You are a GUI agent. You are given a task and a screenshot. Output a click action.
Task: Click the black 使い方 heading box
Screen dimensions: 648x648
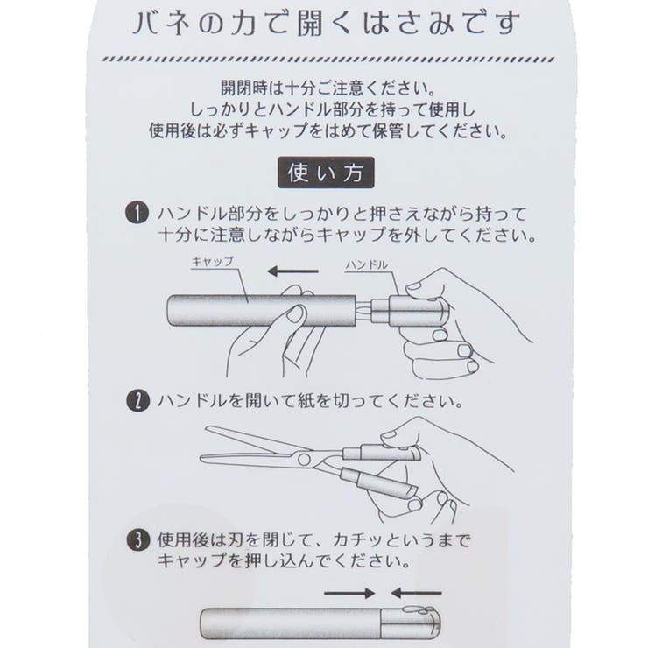325,173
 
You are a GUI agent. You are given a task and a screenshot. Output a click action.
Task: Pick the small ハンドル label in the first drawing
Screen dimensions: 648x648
367,264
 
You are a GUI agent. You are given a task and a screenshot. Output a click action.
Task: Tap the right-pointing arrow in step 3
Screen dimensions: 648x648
349,593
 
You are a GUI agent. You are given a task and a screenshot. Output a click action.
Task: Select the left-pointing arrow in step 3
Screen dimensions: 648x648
416,593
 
